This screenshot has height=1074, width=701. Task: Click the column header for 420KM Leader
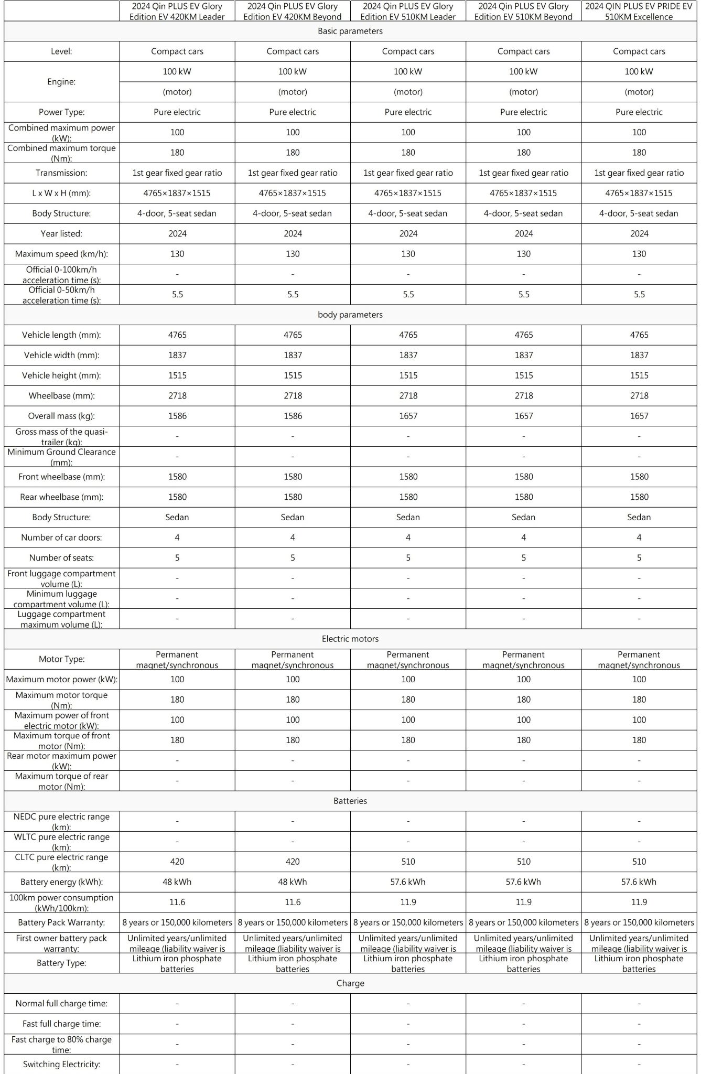point(177,12)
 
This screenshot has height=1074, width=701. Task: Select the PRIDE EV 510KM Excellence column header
point(639,12)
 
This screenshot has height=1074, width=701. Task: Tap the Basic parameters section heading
point(350,31)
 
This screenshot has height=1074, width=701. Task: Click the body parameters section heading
point(350,315)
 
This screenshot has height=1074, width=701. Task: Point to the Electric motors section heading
point(350,639)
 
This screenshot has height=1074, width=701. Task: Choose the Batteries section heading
point(350,801)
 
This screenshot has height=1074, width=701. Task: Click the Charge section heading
point(350,983)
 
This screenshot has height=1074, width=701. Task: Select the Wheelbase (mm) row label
point(61,396)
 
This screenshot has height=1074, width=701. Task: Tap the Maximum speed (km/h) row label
point(61,254)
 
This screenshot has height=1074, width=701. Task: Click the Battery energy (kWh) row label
point(61,882)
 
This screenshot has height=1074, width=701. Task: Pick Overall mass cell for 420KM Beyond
point(293,416)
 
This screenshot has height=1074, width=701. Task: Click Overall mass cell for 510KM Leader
point(408,416)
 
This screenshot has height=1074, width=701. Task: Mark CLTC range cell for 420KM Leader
point(177,862)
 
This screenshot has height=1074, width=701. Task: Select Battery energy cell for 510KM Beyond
point(523,882)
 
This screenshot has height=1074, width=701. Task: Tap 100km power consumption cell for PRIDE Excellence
point(639,902)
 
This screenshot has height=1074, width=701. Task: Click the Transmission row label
point(61,173)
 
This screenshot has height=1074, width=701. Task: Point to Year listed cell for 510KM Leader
point(408,234)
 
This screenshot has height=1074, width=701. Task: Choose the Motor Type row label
point(61,659)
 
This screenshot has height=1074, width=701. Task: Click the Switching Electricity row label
point(61,1064)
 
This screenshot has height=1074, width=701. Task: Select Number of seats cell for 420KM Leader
point(177,558)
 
